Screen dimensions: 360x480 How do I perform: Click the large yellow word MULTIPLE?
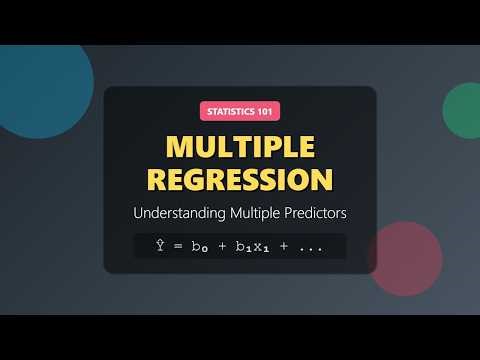coord(240,146)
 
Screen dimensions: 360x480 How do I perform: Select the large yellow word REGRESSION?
coord(240,181)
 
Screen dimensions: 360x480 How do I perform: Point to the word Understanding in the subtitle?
coord(177,213)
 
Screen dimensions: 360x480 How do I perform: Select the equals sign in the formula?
coord(177,247)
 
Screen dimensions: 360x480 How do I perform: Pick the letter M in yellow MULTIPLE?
coord(181,146)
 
